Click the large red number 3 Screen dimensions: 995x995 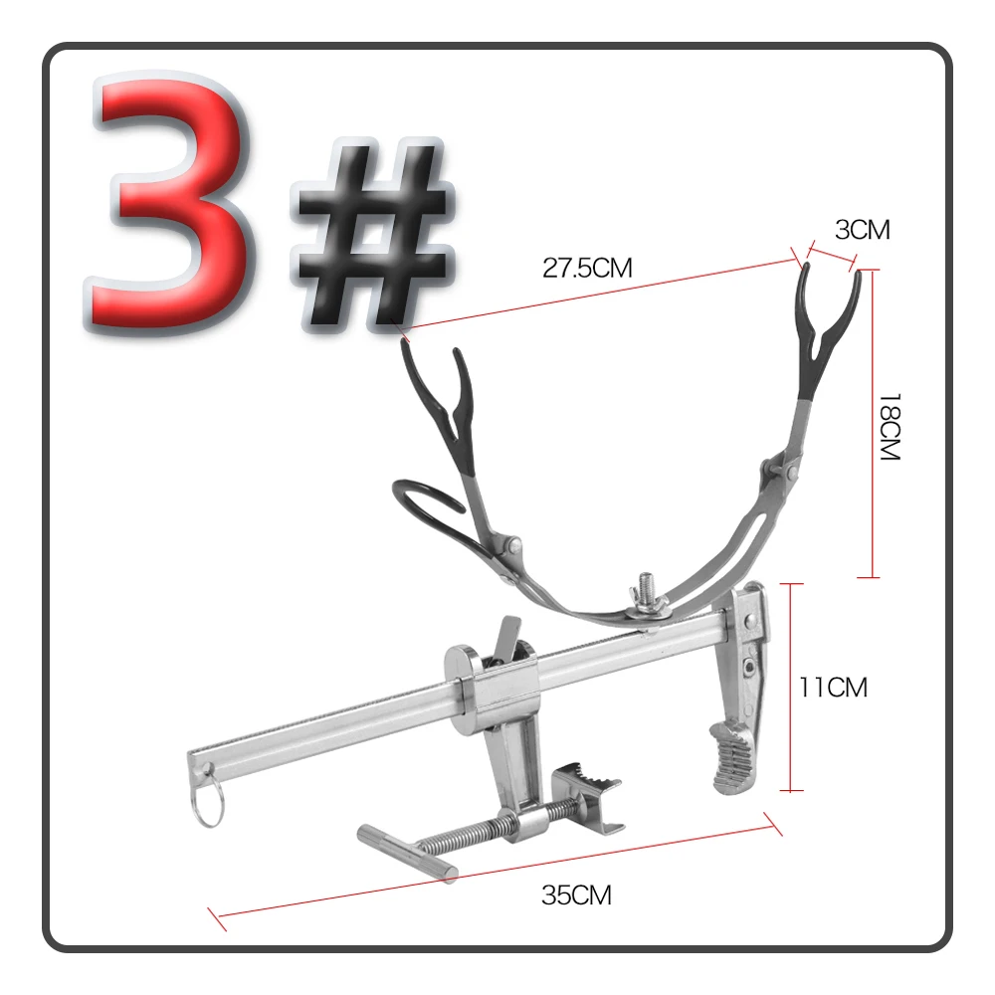168,203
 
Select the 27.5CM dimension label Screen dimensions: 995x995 588,268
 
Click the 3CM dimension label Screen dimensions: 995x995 863,230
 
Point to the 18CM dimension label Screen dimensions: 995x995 891,427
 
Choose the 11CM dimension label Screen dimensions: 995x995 833,688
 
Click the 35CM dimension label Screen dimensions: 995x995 577,895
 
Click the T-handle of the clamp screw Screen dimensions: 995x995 407,853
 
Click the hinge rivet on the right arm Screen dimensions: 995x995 791,472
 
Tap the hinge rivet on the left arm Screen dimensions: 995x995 514,544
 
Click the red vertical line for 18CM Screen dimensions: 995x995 873,423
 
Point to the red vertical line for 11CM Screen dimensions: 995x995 791,688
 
